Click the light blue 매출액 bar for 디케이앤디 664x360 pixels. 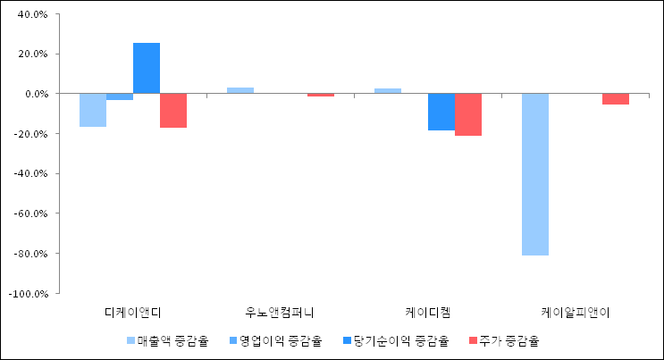(93, 110)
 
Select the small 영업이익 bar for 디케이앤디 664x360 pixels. (120, 96)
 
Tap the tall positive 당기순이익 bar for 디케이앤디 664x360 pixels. (147, 68)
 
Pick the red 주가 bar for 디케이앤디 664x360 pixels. (173, 111)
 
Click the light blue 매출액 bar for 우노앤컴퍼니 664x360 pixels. (240, 90)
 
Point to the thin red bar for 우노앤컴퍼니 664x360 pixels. (320, 95)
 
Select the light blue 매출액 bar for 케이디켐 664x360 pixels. (388, 91)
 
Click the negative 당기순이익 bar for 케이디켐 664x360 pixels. (441, 112)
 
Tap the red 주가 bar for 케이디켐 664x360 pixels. (468, 114)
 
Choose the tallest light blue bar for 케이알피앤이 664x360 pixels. (534, 174)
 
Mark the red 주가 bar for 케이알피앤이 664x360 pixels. (615, 99)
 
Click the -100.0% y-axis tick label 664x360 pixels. (29, 293)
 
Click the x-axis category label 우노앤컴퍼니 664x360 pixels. (280, 313)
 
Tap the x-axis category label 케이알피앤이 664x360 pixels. (575, 313)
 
